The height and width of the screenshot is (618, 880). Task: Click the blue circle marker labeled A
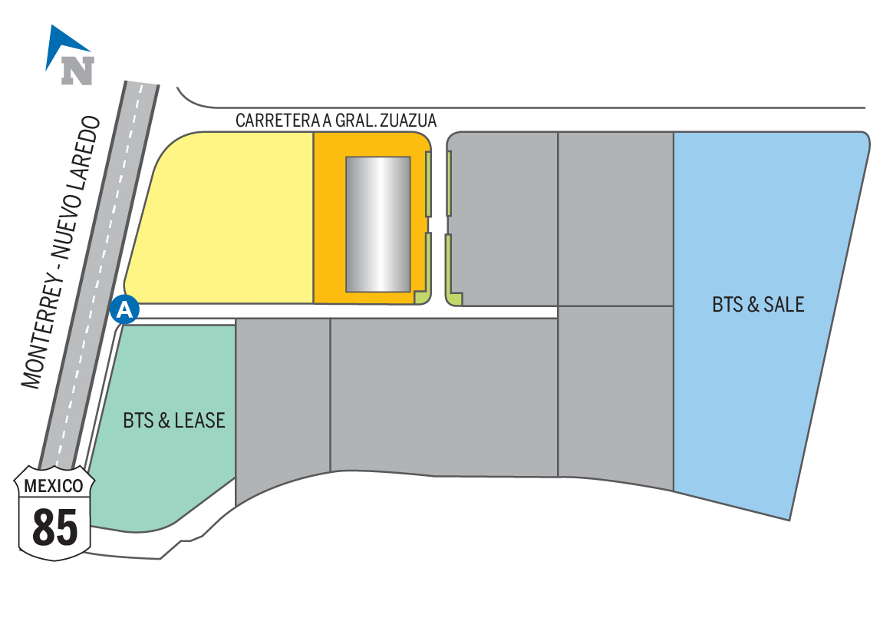(126, 309)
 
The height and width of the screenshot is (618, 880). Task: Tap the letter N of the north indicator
(77, 70)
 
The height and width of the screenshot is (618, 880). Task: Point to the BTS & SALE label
(758, 305)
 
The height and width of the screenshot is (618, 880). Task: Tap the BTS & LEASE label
(174, 420)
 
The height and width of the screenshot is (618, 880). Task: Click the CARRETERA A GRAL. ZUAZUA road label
(336, 121)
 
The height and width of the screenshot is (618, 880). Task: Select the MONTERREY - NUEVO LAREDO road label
(61, 252)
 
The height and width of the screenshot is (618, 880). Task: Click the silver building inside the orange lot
(377, 224)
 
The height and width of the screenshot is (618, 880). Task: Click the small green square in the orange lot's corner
(420, 298)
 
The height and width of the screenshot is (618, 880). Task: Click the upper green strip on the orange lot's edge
(428, 184)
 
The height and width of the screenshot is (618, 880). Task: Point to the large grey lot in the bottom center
(443, 395)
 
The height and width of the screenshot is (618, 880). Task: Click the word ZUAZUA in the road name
(411, 121)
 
